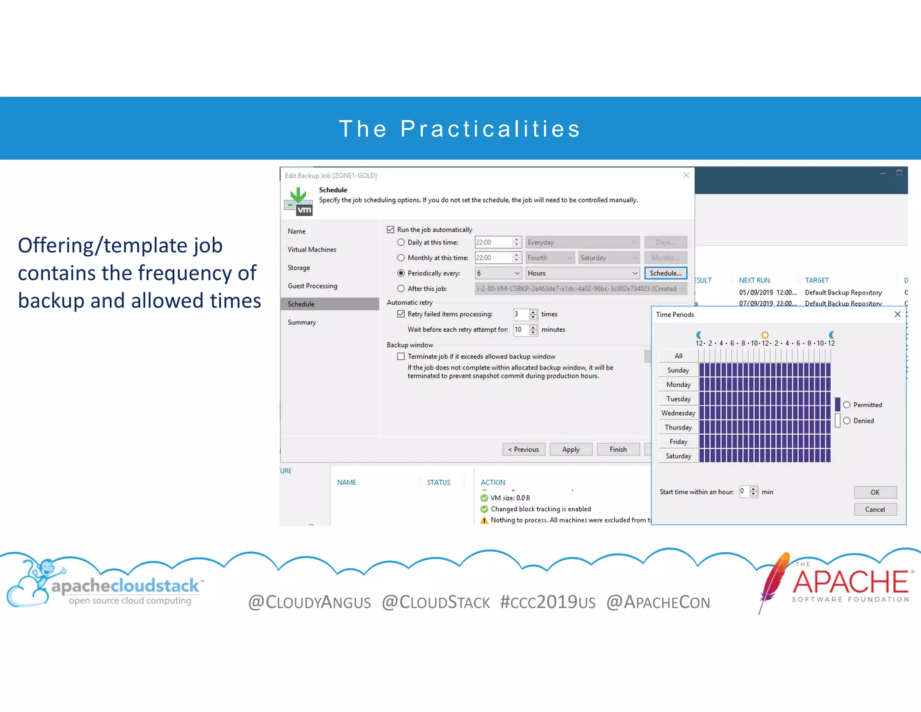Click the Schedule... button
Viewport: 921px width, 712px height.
665,273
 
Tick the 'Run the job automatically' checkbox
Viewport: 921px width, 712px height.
390,230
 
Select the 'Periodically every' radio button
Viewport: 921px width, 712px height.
401,273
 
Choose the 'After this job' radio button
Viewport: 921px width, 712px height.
401,288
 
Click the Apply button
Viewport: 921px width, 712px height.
571,449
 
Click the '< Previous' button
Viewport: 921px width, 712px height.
523,449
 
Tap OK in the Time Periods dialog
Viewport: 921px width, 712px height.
875,492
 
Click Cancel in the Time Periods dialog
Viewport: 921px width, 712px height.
875,509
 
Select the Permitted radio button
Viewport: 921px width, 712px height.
847,405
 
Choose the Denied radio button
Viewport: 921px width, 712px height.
847,420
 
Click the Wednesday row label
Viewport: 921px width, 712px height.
678,413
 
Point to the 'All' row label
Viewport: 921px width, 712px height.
678,356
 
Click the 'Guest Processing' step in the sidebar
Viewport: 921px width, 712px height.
312,286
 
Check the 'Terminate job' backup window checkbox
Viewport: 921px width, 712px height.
401,356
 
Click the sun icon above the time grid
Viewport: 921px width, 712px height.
765,334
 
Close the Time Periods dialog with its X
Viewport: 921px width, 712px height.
897,314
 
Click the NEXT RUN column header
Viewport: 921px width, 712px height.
754,280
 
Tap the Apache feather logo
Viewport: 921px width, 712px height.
775,581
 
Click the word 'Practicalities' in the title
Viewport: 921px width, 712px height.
490,129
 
